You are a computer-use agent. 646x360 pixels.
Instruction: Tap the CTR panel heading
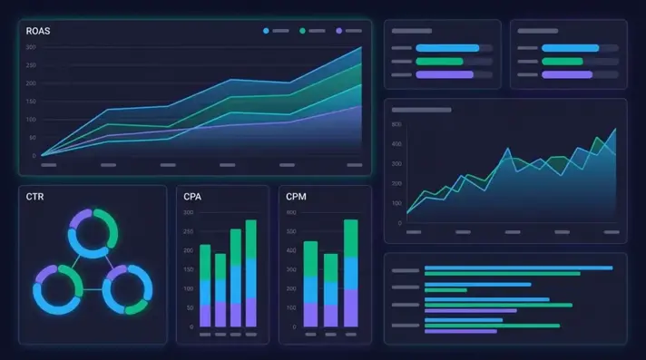pos(35,196)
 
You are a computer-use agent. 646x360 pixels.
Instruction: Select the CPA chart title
pos(192,196)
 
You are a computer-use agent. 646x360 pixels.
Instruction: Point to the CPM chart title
pos(296,196)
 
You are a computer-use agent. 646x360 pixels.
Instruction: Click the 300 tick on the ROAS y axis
pos(31,47)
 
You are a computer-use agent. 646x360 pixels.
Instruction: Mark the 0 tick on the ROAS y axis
pos(34,155)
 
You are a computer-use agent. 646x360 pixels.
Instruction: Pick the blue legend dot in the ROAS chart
pos(266,31)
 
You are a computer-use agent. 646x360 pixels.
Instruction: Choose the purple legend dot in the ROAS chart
pos(339,31)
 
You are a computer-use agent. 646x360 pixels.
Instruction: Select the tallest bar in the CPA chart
pos(251,272)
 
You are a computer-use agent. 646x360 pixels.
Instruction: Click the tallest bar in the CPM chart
pos(351,272)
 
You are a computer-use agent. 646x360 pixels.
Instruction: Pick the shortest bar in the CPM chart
pos(330,290)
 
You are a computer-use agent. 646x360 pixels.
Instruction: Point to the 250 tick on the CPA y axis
pos(188,231)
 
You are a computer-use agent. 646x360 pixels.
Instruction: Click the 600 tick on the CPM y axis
pos(291,212)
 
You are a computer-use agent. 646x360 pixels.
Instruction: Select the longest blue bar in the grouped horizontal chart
pos(518,268)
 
